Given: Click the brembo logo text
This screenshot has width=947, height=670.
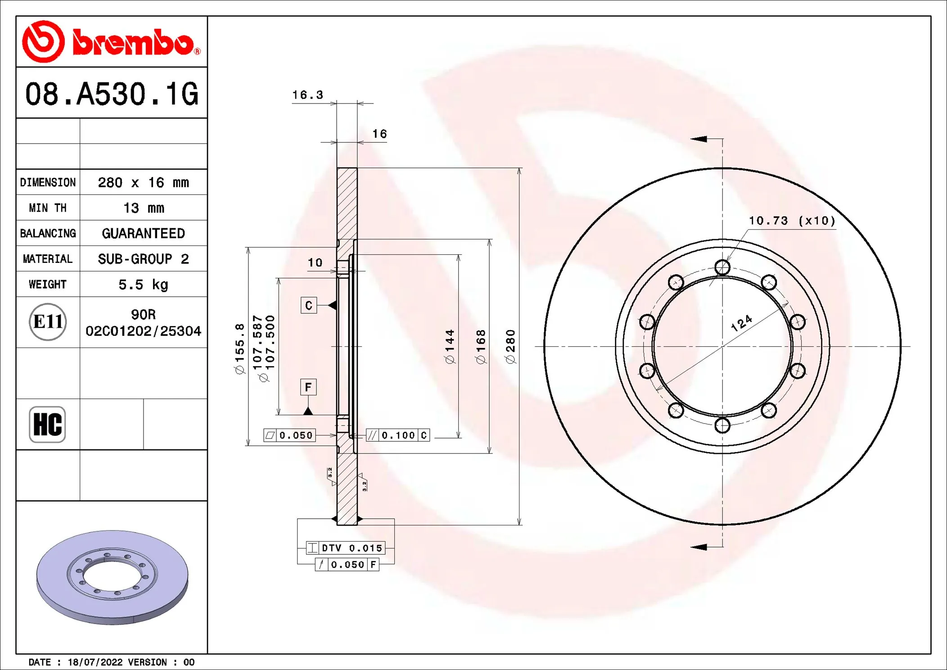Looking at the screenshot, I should click(x=134, y=43).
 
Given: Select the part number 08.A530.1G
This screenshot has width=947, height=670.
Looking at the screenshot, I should click(x=112, y=94).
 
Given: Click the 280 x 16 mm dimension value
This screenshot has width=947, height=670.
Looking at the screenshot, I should click(x=143, y=182).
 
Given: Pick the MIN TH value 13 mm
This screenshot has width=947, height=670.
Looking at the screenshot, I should click(x=143, y=208).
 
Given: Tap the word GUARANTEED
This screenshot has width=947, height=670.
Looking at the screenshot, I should click(x=143, y=233).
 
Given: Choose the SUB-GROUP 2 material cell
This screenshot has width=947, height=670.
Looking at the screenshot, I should click(x=143, y=259).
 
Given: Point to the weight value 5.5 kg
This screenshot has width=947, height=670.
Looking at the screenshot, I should click(x=143, y=285).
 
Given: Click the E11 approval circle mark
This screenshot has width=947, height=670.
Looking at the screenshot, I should click(x=48, y=321).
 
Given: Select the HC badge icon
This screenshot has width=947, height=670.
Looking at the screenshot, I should click(x=47, y=424).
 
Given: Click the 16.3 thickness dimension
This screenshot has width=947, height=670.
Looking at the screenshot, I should click(x=308, y=95).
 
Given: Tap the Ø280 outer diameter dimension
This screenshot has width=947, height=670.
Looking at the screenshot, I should click(x=510, y=346).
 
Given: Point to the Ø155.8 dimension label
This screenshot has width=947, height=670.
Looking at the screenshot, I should click(x=240, y=348).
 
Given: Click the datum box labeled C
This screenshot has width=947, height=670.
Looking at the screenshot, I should click(x=309, y=305).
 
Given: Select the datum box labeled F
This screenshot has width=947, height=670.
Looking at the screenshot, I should click(x=308, y=387).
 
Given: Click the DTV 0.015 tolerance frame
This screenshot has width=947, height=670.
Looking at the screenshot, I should click(x=346, y=548).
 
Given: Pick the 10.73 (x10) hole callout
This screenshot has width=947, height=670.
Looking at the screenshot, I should click(x=792, y=221).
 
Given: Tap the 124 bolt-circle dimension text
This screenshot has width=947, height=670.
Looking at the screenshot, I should click(x=741, y=323).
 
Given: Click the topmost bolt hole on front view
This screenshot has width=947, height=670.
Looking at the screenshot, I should click(x=722, y=267).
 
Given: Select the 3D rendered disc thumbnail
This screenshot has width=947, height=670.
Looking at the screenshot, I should click(x=112, y=577).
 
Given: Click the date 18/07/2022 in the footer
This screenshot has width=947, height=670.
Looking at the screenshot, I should click(x=95, y=662).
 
